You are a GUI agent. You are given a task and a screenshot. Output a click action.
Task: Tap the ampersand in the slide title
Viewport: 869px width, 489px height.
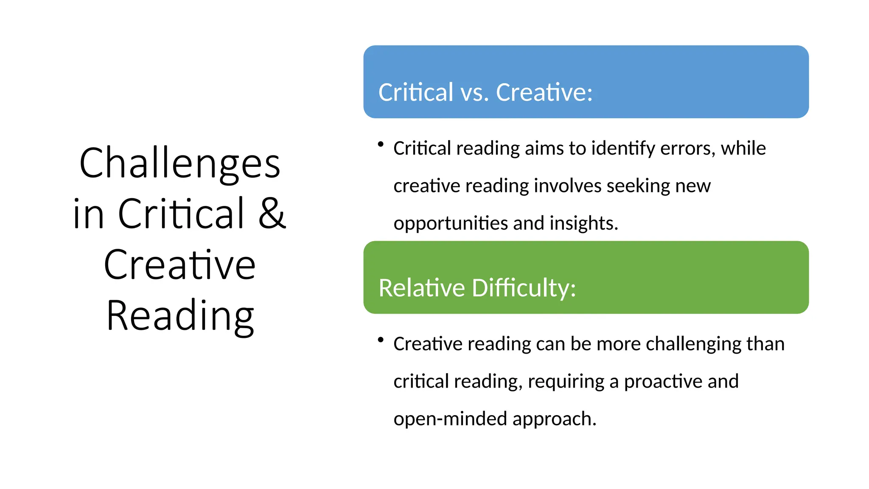[272, 214]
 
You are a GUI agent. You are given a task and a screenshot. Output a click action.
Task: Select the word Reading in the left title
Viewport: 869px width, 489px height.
[180, 316]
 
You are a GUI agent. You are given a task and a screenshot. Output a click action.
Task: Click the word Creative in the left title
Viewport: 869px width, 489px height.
[179, 265]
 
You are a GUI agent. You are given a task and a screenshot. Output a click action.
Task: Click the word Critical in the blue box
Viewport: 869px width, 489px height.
[416, 93]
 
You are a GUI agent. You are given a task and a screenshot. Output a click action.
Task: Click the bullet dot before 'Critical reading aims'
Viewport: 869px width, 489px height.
[381, 145]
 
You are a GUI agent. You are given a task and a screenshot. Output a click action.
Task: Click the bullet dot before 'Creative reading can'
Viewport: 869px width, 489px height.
[381, 340]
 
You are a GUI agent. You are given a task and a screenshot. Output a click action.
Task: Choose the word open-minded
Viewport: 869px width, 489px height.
[450, 419]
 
